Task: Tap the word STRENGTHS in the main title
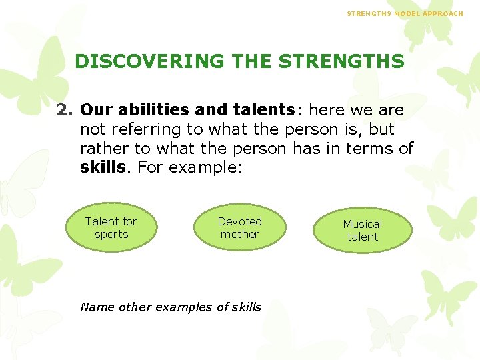click(x=341, y=61)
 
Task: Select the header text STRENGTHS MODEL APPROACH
click(x=405, y=13)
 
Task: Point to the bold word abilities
click(x=156, y=109)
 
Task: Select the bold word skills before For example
click(x=102, y=167)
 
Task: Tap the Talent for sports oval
click(x=111, y=228)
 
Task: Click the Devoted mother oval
click(x=239, y=228)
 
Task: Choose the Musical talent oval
click(x=363, y=231)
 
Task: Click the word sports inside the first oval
click(x=111, y=235)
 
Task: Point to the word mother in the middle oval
click(x=239, y=235)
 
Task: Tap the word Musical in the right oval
click(x=363, y=224)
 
